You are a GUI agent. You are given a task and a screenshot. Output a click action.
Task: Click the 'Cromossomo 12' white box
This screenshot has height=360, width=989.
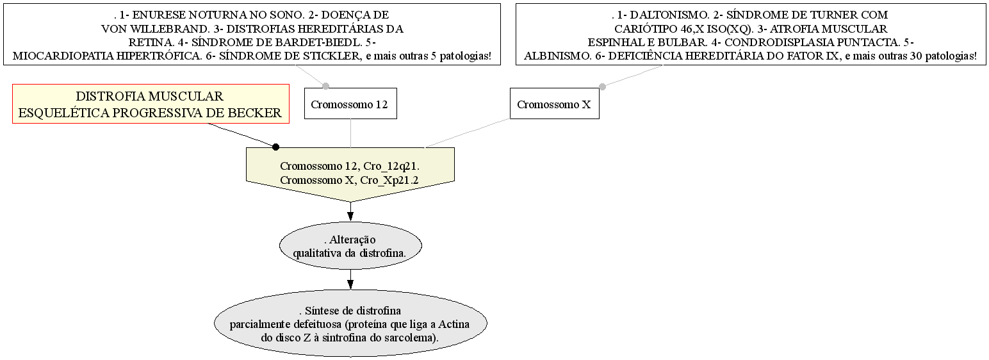click(x=350, y=103)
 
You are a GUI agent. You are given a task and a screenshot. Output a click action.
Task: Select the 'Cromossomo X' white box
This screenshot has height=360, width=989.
click(x=555, y=103)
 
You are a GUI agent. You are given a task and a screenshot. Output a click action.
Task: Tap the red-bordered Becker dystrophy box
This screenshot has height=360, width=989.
click(x=151, y=104)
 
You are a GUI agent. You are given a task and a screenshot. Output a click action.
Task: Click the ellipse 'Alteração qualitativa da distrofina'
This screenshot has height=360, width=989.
click(x=350, y=246)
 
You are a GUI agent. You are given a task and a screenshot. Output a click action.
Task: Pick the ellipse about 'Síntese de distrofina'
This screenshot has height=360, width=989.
click(x=350, y=323)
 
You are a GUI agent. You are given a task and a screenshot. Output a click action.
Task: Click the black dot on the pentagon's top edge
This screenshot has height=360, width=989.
click(x=275, y=147)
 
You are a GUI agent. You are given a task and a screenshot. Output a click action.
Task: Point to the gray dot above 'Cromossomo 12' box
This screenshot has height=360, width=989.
click(x=326, y=86)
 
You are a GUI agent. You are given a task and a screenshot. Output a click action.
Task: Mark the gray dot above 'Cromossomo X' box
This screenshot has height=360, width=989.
click(x=602, y=86)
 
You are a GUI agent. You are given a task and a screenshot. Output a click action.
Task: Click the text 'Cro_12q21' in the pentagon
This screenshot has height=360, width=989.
click(x=390, y=167)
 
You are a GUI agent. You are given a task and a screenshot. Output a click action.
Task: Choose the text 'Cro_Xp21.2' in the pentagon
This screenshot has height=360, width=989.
click(x=389, y=180)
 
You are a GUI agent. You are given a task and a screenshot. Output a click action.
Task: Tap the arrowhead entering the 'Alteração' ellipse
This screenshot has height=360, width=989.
click(x=350, y=217)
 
